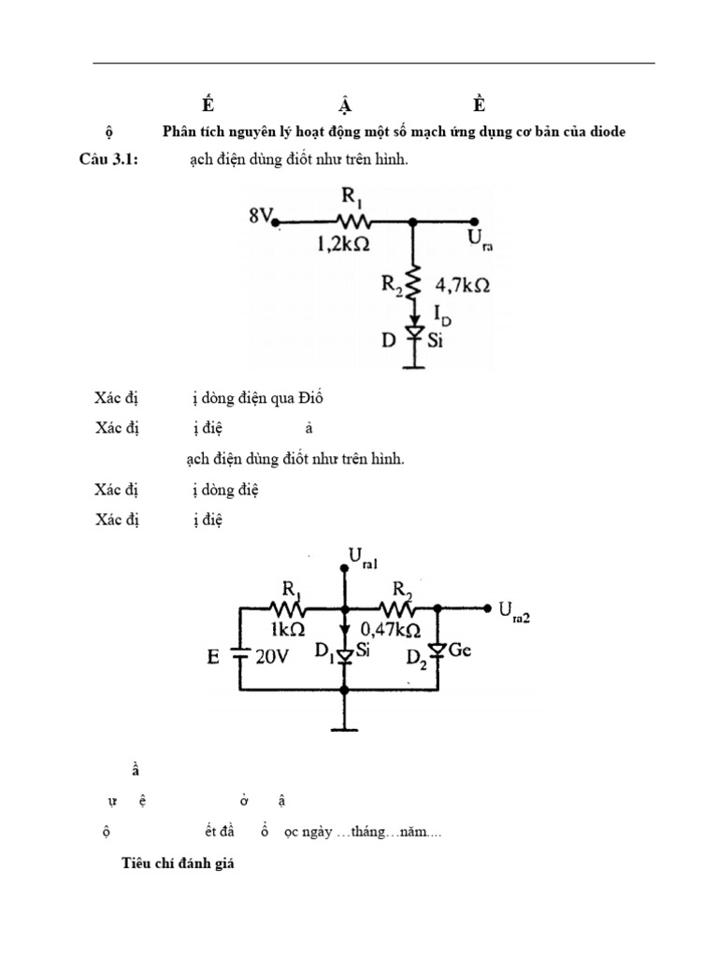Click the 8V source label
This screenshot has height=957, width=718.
(261, 216)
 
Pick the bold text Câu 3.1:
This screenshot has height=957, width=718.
(108, 161)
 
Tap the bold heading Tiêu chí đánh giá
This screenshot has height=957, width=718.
(178, 864)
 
